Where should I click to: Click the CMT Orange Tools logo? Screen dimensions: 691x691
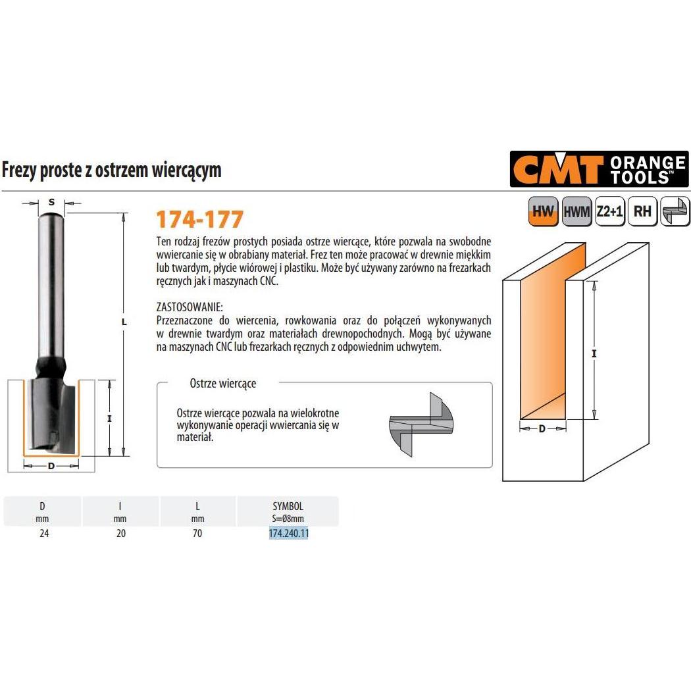tap(599, 169)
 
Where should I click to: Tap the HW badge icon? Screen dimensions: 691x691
tap(543, 211)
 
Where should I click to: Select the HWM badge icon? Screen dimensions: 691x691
tap(577, 211)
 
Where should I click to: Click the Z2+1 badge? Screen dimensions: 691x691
tap(610, 211)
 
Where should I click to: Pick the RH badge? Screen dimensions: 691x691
tap(642, 211)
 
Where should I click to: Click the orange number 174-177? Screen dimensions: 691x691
tap(199, 219)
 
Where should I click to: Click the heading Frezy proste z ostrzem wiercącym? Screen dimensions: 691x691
tap(112, 170)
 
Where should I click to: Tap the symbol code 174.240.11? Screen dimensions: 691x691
tap(288, 534)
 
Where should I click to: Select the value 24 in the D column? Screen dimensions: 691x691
tap(43, 534)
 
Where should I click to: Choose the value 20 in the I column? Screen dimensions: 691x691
tap(120, 534)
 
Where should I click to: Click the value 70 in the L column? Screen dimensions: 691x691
tap(197, 534)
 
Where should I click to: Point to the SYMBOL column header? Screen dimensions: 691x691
tap(288, 506)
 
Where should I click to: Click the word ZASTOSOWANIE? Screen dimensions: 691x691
tap(190, 307)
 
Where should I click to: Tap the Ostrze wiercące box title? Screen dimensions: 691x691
tap(222, 383)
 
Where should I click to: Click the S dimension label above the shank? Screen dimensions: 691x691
tap(51, 202)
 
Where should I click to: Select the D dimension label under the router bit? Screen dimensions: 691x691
tap(51, 466)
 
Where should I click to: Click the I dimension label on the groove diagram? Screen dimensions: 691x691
tap(594, 353)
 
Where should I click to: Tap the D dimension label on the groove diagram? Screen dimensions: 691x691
tap(542, 428)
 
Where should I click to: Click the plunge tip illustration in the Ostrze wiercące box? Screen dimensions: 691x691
tap(421, 424)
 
